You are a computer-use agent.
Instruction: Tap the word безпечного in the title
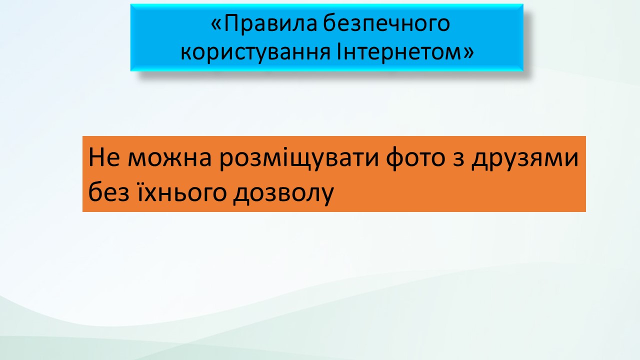[x=387, y=24]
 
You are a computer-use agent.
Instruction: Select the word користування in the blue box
[x=255, y=52]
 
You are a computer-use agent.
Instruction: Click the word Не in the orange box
[x=104, y=157]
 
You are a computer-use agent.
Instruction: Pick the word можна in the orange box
[x=169, y=159]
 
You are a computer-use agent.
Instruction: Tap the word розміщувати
[x=299, y=159]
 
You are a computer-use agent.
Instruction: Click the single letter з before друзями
[x=458, y=159]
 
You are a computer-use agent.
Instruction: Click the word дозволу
[x=283, y=193]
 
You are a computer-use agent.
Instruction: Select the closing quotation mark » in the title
[x=469, y=53]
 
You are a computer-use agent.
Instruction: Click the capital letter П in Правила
[x=231, y=23]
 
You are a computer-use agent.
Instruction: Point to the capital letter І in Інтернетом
[x=339, y=51]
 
